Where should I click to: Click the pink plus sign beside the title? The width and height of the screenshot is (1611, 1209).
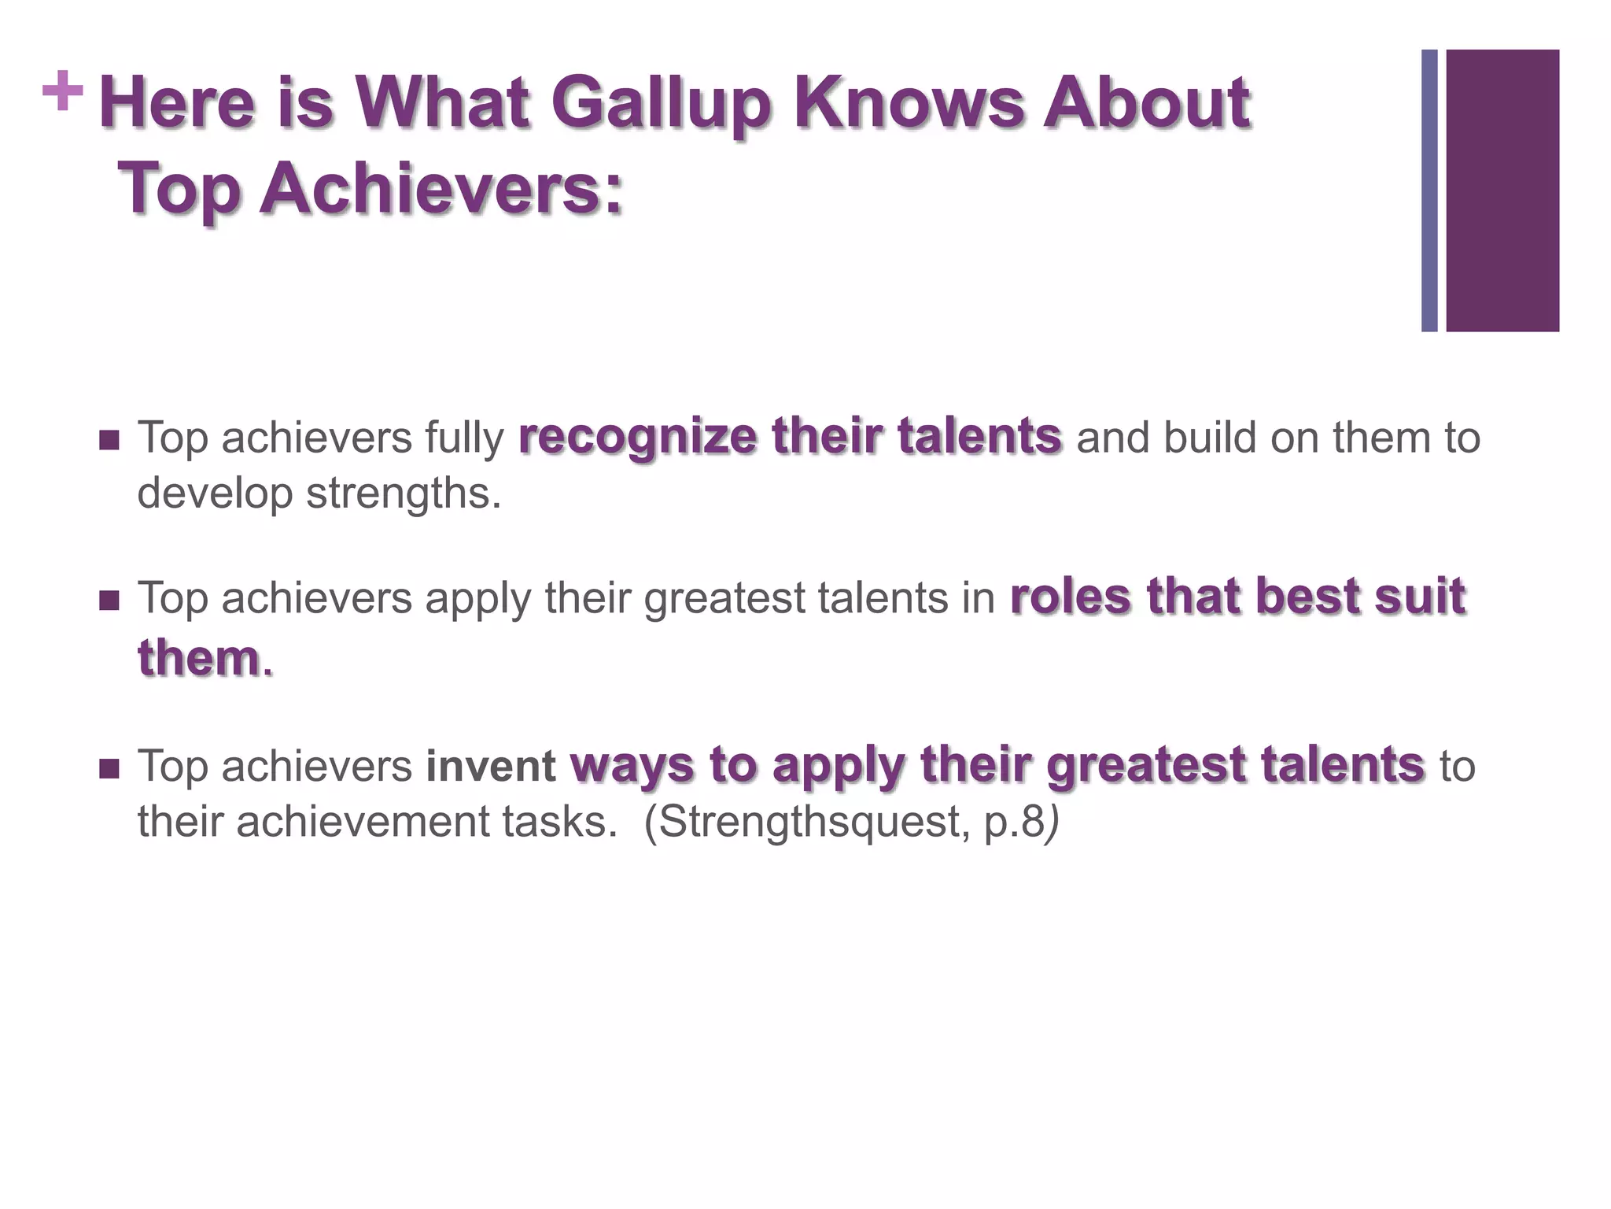pos(63,91)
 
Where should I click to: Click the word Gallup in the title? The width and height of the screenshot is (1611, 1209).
pos(659,103)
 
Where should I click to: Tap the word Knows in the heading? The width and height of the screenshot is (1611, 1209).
pos(909,103)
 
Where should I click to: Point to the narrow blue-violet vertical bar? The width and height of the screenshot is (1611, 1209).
pos(1429,190)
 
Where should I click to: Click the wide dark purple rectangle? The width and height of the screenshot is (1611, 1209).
pos(1502,190)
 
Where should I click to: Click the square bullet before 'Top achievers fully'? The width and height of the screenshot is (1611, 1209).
pos(109,440)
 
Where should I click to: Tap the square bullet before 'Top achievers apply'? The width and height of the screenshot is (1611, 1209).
pos(109,601)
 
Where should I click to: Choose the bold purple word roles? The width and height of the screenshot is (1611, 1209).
pos(1071,597)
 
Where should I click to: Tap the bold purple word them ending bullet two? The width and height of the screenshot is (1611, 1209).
pos(198,658)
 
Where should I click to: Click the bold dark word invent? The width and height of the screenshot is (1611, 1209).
pos(491,767)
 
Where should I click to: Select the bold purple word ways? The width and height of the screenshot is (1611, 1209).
pos(632,765)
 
